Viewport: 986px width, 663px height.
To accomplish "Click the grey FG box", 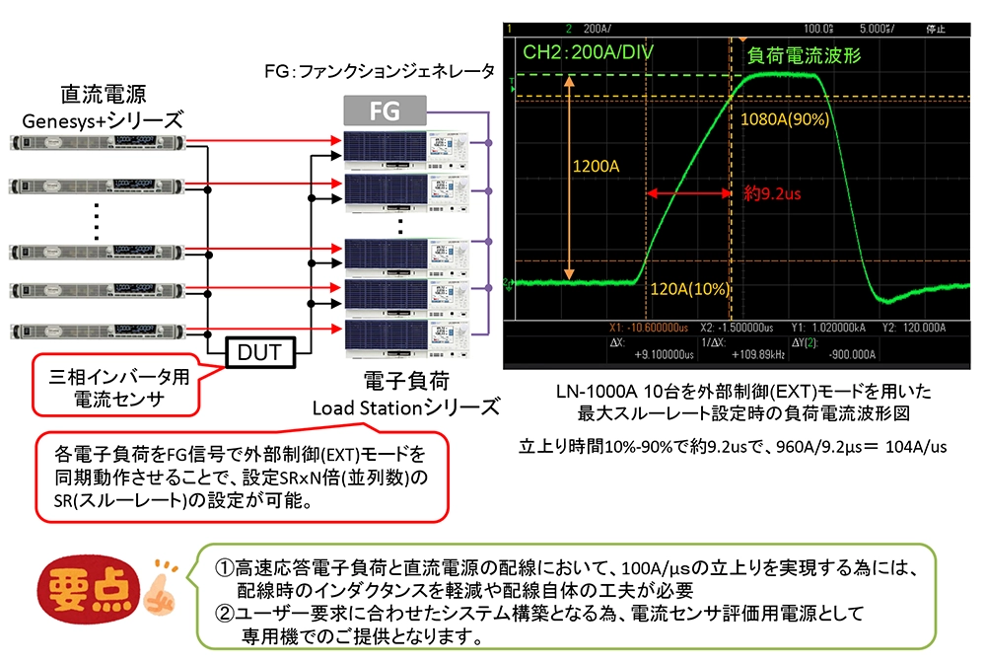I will (385, 111).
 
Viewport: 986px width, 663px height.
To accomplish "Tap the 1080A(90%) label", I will (785, 119).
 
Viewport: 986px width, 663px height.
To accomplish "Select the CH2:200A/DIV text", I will (589, 51).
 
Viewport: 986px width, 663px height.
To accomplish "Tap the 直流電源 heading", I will (104, 95).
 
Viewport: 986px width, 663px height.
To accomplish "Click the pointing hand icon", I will (159, 584).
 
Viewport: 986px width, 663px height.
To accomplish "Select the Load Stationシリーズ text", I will (404, 406).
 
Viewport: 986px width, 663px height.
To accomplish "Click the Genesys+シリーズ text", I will (103, 120).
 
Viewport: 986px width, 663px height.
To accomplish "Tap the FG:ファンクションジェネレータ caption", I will (380, 72).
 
